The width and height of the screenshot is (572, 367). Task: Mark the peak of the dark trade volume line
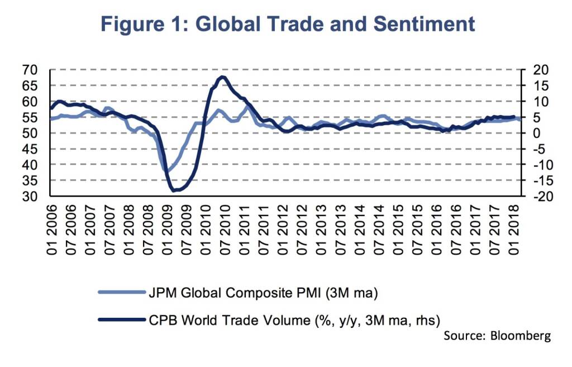coord(222,77)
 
